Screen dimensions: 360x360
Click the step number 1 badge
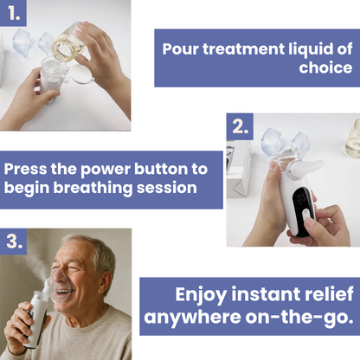coord(13,13)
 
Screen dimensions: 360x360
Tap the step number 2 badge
coord(240,126)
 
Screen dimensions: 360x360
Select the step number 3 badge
coord(13,241)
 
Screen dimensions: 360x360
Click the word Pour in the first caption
coord(180,49)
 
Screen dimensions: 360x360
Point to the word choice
coord(325,67)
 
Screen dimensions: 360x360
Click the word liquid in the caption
coord(310,49)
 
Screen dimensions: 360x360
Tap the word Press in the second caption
coord(25,169)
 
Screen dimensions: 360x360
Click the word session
coord(167,188)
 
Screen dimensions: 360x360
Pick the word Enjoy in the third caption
coord(201,295)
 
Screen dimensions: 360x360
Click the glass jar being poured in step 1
coord(68,42)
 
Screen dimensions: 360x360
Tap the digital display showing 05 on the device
coord(301,198)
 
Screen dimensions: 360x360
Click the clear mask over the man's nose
coord(60,284)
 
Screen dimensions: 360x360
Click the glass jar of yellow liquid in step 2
coord(352,139)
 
